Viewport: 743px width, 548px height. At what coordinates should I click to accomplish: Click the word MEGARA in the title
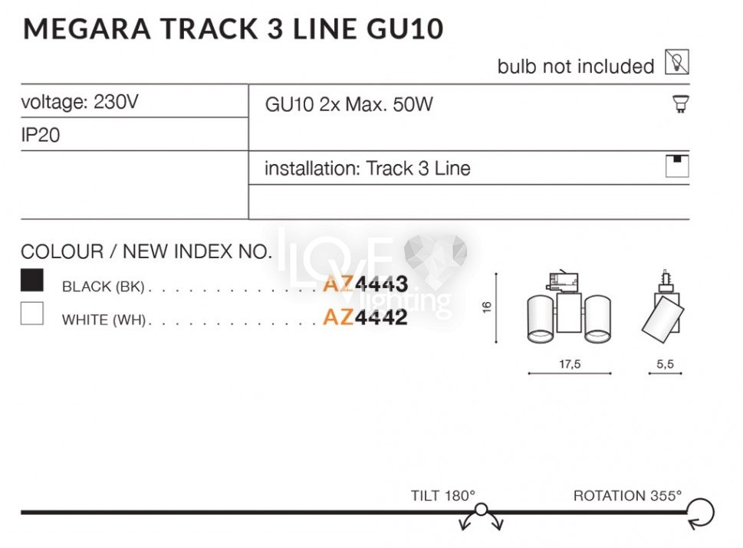point(87,28)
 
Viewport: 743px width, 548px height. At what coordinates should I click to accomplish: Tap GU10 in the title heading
point(405,28)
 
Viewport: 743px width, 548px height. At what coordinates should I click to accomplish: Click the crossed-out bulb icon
point(676,61)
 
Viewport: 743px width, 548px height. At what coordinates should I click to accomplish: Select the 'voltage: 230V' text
point(80,102)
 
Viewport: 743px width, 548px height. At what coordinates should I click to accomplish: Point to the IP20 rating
point(41,135)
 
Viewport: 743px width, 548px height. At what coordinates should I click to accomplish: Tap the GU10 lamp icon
point(680,103)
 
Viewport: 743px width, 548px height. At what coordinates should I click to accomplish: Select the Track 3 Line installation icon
point(677,166)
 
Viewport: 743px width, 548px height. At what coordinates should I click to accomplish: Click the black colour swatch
point(32,280)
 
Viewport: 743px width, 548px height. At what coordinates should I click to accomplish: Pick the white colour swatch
point(32,313)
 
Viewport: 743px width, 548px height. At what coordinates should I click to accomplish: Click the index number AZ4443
point(365,284)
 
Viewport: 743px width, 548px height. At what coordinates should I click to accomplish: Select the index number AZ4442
point(365,317)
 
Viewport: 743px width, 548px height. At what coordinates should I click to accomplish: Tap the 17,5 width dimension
point(570,364)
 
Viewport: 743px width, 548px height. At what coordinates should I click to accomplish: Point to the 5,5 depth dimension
point(665,364)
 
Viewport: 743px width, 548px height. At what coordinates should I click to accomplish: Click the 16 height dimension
point(487,307)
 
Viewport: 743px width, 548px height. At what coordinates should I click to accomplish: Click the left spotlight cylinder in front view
point(541,319)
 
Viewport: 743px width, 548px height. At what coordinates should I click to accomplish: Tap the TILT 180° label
point(442,495)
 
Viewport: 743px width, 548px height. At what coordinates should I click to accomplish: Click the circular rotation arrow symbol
point(700,513)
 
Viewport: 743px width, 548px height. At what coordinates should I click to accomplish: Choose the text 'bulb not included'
point(576,67)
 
